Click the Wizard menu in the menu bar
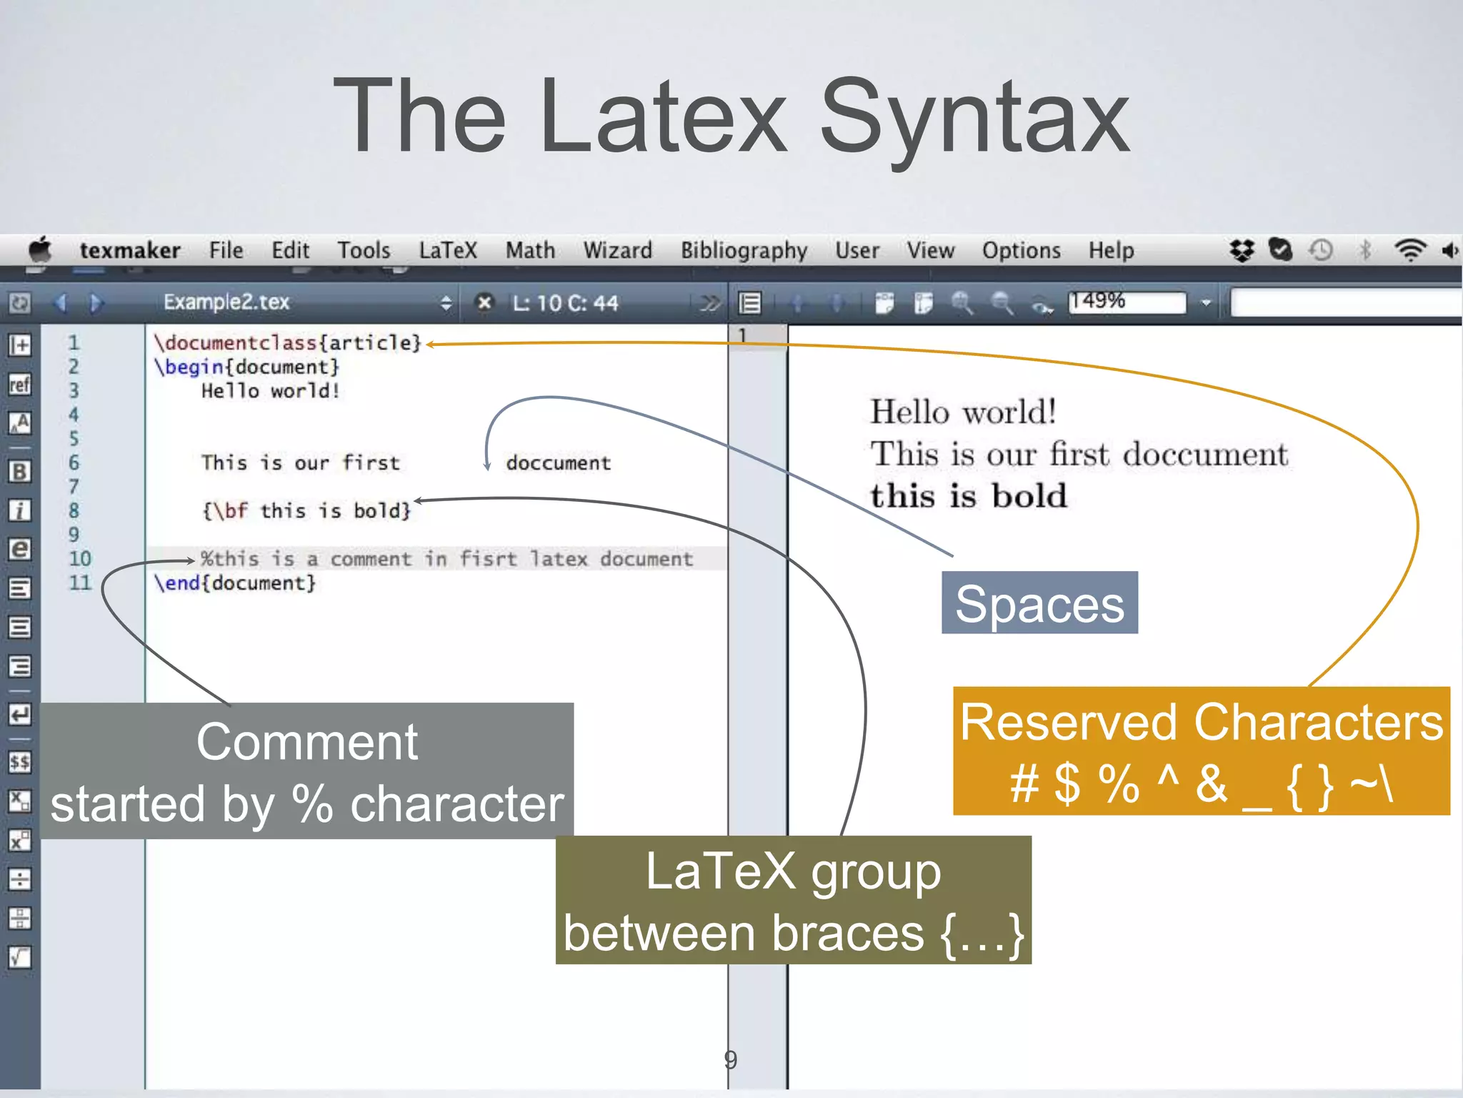[x=617, y=250]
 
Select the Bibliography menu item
[x=744, y=250]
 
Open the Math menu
[x=530, y=250]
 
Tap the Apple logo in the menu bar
[x=40, y=249]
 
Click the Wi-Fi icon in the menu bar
[x=1409, y=250]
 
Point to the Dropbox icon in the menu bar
[x=1242, y=250]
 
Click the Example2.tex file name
[x=226, y=302]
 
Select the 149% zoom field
[x=1127, y=302]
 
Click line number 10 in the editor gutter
[x=80, y=558]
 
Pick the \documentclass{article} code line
[x=287, y=343]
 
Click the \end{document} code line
[x=235, y=583]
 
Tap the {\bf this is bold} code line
[x=307, y=511]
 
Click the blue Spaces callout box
[x=1039, y=603]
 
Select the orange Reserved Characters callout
[x=1201, y=751]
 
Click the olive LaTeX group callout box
[x=793, y=900]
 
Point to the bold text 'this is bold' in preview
[x=969, y=495]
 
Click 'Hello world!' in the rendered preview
[x=963, y=412]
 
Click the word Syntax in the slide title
[x=974, y=118]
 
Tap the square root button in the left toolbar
[x=20, y=956]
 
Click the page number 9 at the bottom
[x=730, y=1059]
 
